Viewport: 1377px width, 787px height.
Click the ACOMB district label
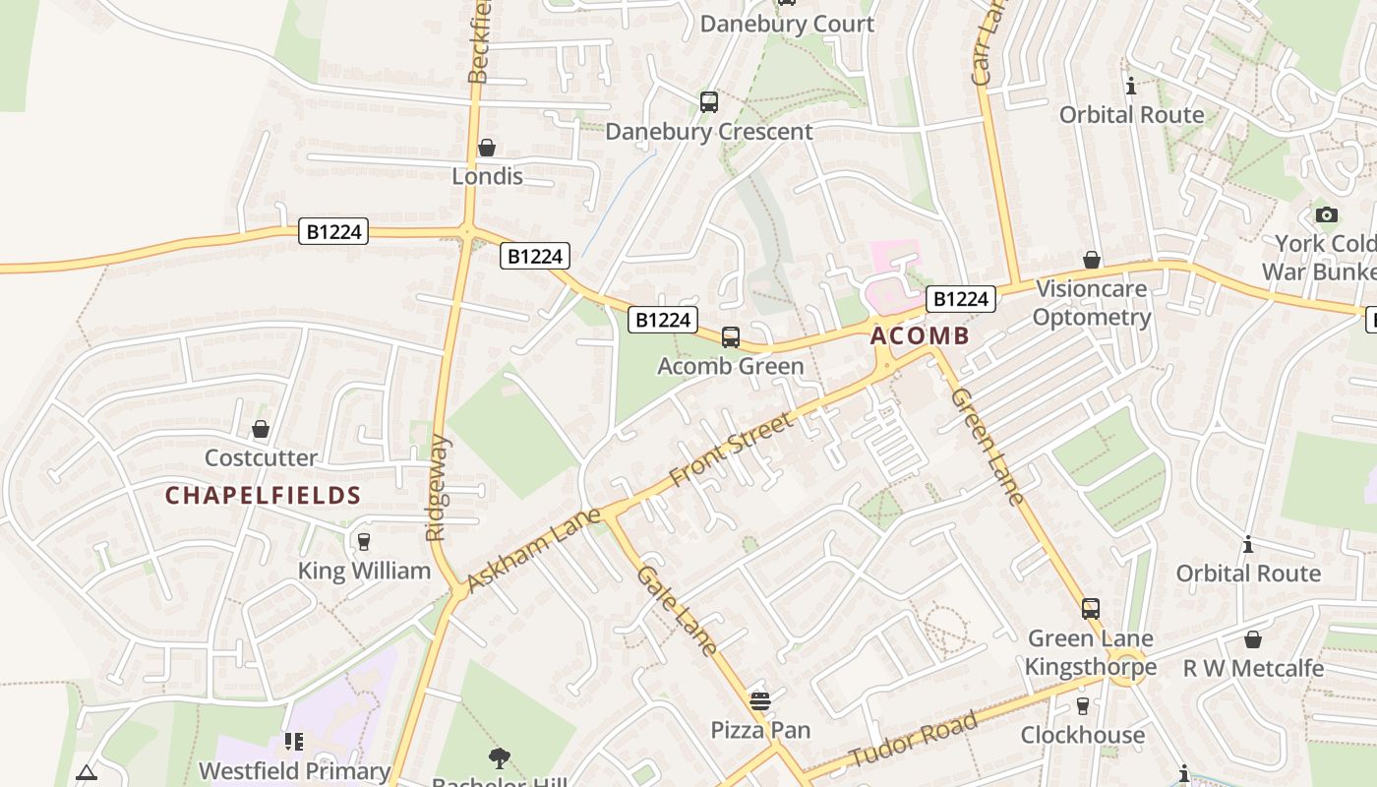[x=920, y=336]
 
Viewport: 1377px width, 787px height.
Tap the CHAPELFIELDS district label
[x=263, y=495]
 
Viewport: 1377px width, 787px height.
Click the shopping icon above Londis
[x=487, y=149]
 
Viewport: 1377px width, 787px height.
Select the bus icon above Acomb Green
[x=731, y=337]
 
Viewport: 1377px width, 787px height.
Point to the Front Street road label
[x=731, y=450]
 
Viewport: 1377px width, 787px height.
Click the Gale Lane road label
[x=677, y=610]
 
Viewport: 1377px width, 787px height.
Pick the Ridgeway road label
[x=437, y=488]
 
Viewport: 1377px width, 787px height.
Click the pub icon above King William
[x=364, y=542]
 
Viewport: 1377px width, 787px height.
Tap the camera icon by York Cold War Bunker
[x=1326, y=215]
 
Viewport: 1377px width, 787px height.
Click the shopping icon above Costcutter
[x=261, y=430]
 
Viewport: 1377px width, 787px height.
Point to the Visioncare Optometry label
[x=1092, y=303]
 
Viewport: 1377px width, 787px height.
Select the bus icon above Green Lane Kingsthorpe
[x=1091, y=609]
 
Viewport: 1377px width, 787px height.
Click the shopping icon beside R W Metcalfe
[x=1252, y=640]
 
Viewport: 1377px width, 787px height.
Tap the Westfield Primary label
[x=294, y=770]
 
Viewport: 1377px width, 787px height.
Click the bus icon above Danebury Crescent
[x=708, y=102]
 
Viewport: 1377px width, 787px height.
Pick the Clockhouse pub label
[x=1083, y=735]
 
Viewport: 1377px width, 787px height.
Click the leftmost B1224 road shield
[x=334, y=232]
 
